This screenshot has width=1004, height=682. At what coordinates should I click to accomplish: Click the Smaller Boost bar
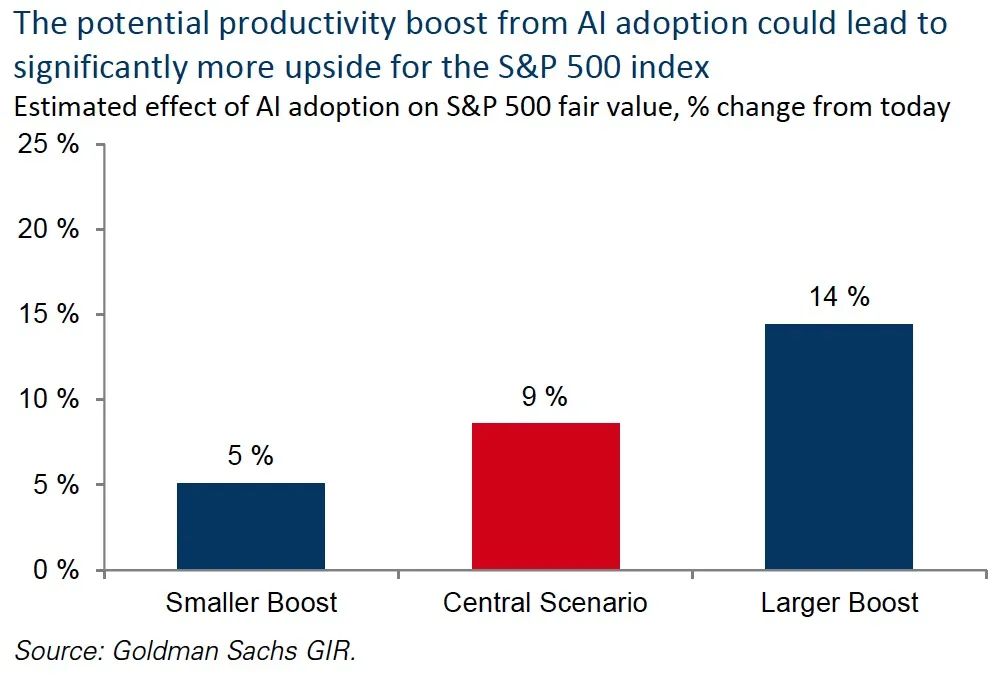pos(251,526)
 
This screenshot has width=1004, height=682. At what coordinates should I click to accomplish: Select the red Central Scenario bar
pos(545,496)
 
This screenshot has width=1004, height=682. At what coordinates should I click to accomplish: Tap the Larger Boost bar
pos(839,447)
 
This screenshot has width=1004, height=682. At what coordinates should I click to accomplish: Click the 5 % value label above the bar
pos(250,456)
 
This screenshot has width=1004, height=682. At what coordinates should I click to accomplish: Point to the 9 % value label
pos(544,397)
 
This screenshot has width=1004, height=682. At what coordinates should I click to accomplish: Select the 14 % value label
pos(839,297)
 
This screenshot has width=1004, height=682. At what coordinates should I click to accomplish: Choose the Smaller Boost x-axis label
pos(251,603)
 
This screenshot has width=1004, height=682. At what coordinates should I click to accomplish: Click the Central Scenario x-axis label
pos(545,603)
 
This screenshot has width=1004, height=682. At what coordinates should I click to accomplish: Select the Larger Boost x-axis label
pos(839,603)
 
